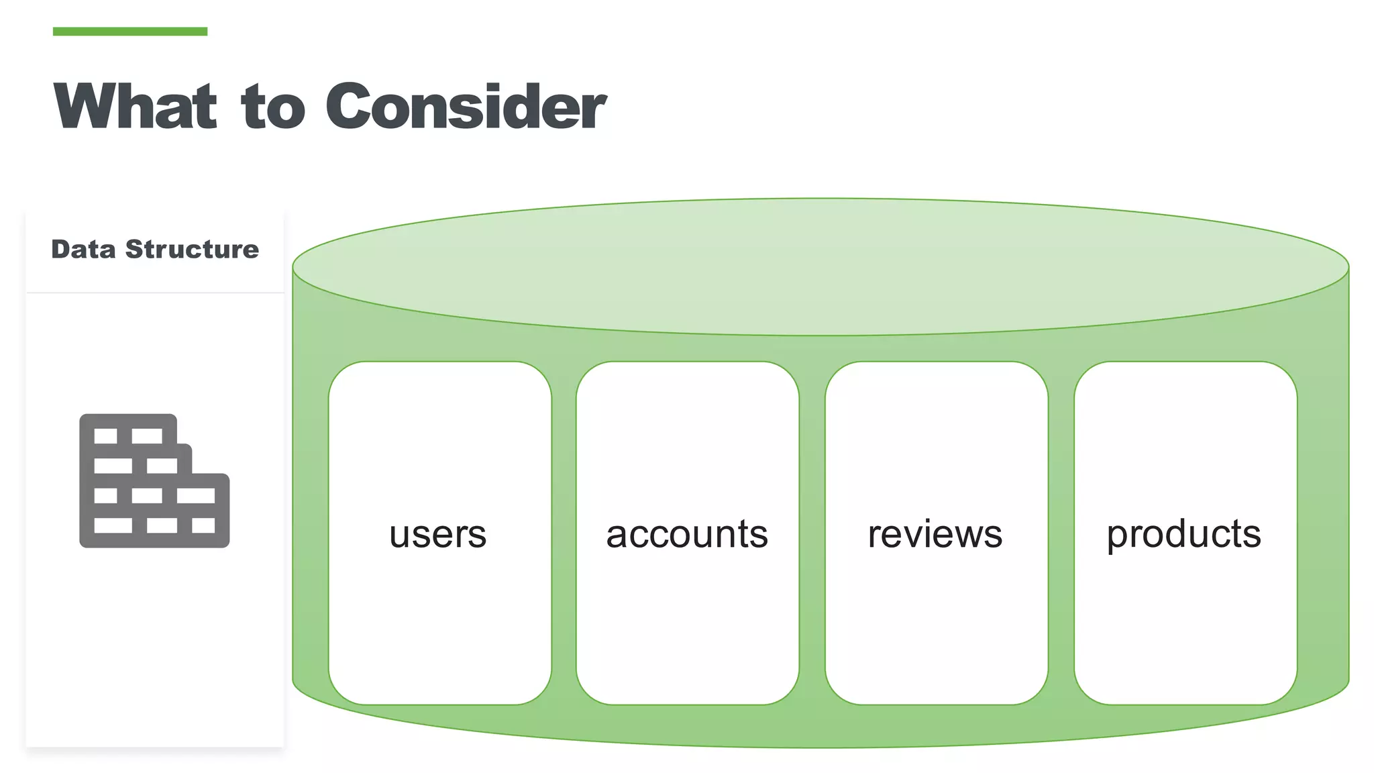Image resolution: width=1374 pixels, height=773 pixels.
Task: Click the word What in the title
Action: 136,106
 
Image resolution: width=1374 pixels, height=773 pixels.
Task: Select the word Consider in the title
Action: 466,106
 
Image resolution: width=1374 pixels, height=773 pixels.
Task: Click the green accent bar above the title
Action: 129,32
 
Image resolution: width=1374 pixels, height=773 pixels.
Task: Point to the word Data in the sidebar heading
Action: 83,250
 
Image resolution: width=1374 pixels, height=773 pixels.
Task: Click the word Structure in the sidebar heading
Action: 192,250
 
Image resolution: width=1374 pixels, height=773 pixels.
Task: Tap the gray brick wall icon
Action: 154,481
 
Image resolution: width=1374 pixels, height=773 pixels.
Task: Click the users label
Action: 438,535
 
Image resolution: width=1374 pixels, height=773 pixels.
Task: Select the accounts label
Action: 687,535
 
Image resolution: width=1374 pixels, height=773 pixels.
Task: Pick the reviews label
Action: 935,535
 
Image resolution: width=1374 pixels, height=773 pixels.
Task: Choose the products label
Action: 1184,535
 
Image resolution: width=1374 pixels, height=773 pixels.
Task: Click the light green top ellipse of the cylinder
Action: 820,266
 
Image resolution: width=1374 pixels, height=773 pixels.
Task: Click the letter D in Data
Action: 60,250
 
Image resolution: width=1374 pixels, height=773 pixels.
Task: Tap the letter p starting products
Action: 1116,537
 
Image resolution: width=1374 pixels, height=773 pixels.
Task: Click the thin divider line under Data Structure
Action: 155,293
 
